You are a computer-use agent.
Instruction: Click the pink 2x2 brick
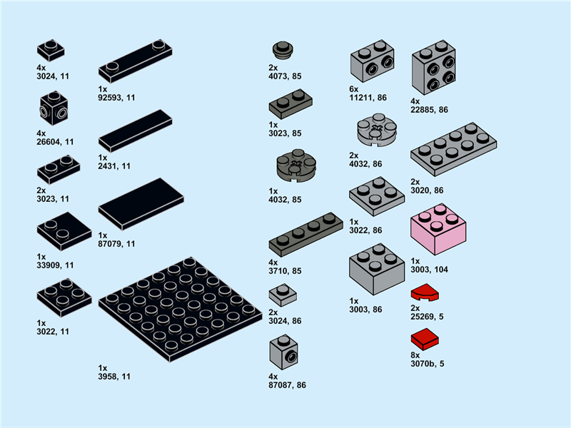point(438,230)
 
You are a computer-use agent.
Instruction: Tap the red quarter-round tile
point(425,293)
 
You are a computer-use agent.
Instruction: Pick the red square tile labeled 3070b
point(425,338)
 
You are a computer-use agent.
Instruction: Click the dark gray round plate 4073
point(283,50)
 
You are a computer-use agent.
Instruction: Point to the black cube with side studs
point(53,109)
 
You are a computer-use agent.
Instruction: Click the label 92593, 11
point(116,98)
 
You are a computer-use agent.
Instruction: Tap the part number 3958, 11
point(115,376)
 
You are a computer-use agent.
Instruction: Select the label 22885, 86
point(430,110)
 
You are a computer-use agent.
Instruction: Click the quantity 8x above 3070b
point(415,355)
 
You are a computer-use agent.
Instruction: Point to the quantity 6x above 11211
point(353,88)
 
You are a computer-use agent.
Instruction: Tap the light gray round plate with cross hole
point(376,130)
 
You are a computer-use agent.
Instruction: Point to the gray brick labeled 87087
point(283,353)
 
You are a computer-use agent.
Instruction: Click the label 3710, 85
point(285,271)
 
